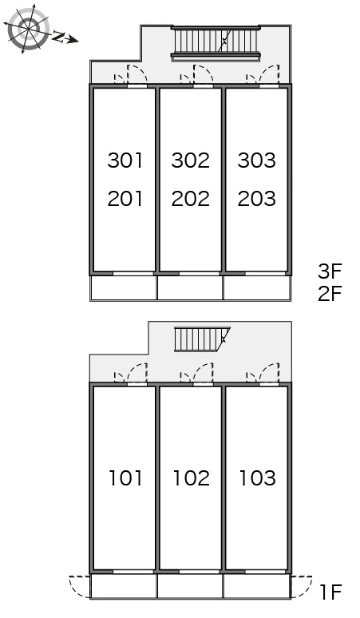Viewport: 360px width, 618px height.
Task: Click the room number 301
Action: click(125, 160)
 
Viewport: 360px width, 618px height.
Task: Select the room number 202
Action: click(191, 199)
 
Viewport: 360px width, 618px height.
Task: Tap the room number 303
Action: click(257, 160)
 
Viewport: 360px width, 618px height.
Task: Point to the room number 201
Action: click(125, 199)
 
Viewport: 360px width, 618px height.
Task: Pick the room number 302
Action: click(191, 160)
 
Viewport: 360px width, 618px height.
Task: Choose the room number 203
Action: click(257, 199)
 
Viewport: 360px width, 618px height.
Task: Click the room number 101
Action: click(125, 477)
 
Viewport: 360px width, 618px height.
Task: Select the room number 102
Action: click(191, 477)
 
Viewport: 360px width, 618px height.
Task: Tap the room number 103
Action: click(258, 477)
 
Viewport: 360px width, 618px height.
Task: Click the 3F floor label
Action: click(330, 271)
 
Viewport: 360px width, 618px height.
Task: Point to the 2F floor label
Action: click(330, 293)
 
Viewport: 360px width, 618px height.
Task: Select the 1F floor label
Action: click(330, 592)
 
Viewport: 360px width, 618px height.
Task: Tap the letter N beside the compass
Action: click(58, 37)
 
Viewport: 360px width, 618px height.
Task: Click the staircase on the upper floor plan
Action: click(216, 43)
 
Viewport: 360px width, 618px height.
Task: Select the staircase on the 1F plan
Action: click(202, 339)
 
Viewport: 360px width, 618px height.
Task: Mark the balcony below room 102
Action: click(190, 586)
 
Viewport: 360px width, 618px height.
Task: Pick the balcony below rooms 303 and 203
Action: click(257, 287)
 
